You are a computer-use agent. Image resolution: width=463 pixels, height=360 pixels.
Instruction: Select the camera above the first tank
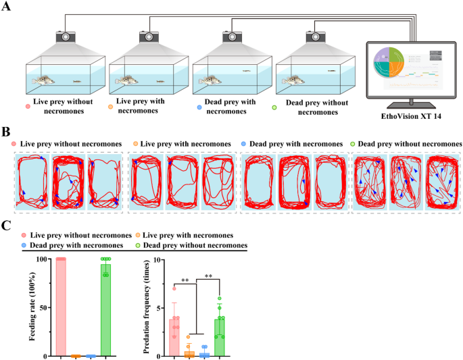[x=65, y=37]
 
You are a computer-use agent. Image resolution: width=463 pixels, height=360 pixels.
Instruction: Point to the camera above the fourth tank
[x=315, y=37]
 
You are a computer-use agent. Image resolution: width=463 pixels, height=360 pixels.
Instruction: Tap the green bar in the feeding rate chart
[x=105, y=311]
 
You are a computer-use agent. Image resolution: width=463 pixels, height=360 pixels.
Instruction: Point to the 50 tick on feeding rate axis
[x=46, y=308]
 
